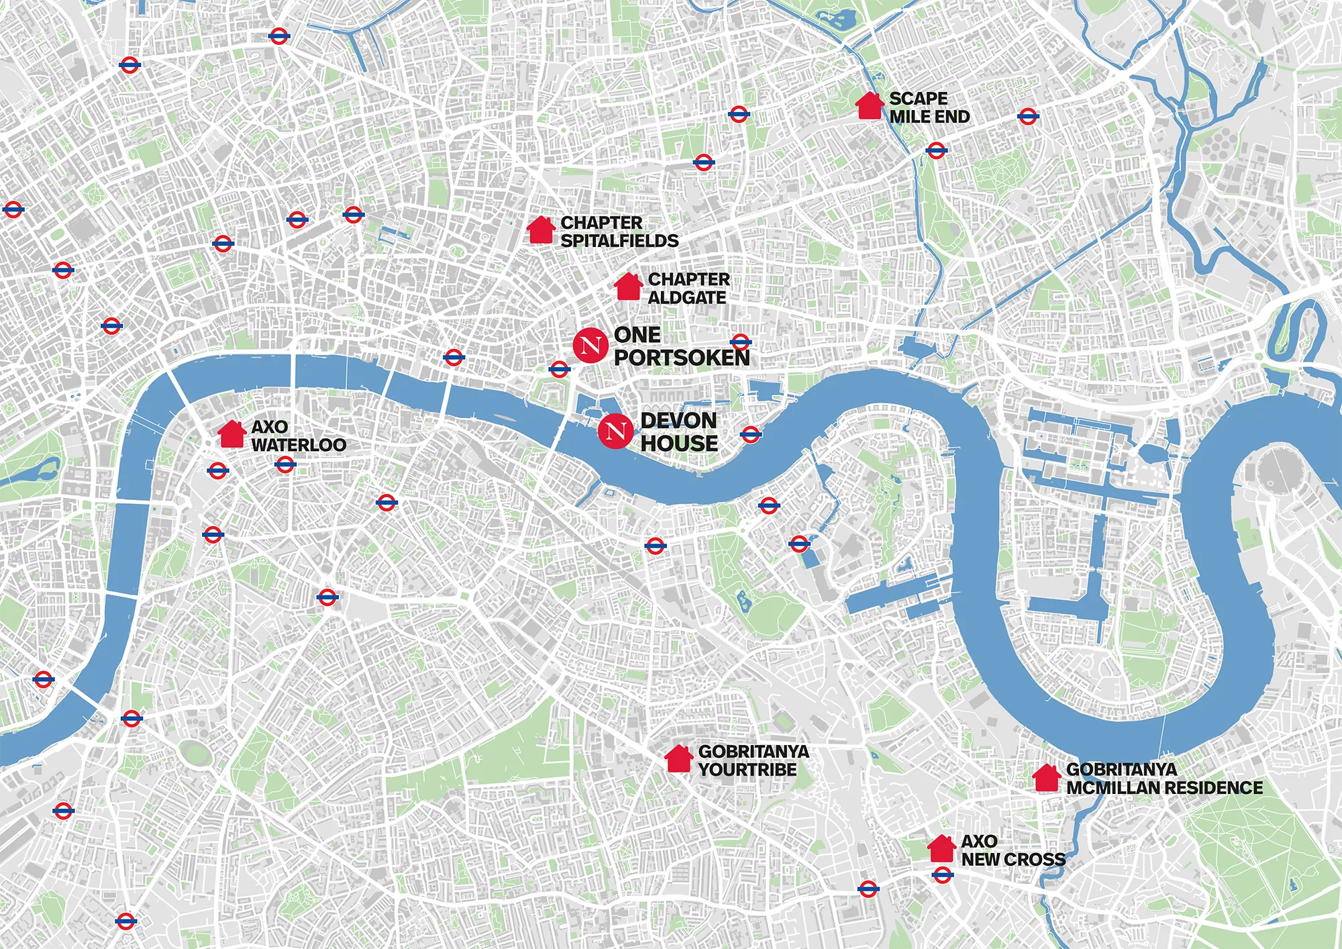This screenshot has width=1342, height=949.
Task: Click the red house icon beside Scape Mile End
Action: tap(870, 107)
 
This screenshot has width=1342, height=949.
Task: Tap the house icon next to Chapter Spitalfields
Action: tap(541, 230)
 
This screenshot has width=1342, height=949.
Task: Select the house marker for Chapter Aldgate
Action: tap(629, 287)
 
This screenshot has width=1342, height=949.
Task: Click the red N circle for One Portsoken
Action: tap(590, 346)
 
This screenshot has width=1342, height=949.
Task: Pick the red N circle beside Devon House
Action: tap(615, 431)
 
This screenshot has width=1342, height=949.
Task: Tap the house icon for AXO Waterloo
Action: tap(231, 434)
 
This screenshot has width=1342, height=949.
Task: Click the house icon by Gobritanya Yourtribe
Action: tap(678, 759)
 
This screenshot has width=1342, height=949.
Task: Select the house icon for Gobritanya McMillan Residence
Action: tap(1046, 778)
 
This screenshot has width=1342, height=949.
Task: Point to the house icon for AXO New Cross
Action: tap(941, 849)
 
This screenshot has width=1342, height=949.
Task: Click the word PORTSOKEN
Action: tap(681, 358)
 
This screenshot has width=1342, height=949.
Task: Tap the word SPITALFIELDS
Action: tap(619, 241)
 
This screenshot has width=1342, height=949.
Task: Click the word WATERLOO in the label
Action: tap(299, 445)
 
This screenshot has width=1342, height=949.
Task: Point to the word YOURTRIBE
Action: tap(747, 770)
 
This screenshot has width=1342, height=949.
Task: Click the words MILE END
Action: tap(929, 117)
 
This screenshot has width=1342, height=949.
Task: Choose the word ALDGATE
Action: tap(686, 297)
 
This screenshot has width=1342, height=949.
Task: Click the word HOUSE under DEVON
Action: tap(679, 444)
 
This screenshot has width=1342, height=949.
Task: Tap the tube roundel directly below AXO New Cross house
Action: tap(943, 875)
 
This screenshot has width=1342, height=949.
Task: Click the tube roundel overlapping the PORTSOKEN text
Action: tap(740, 342)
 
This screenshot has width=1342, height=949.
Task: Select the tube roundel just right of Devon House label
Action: tap(751, 435)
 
